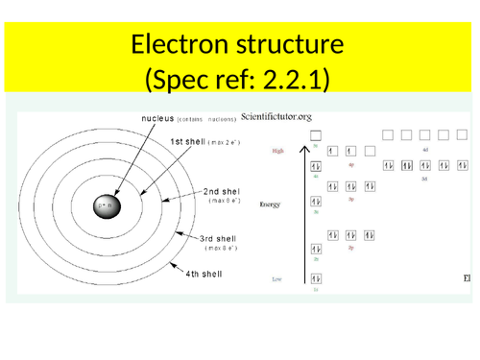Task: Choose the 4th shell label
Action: point(204,274)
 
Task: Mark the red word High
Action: point(278,151)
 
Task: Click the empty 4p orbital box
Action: point(371,151)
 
